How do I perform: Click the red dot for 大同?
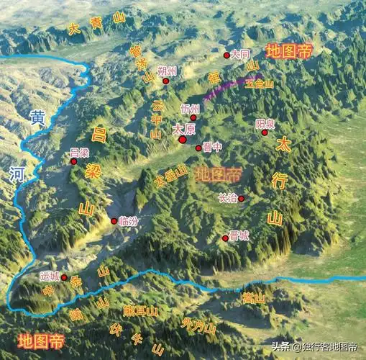pos(227,55)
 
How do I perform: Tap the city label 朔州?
pos(167,71)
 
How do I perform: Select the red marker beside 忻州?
pos(193,117)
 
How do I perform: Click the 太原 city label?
pos(184,129)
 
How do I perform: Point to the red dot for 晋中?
pos(198,148)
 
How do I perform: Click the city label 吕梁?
pos(80,152)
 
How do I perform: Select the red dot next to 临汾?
pos(113,221)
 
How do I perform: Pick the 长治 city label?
pos(227,198)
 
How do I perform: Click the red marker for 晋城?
pos(225,238)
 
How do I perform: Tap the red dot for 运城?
pos(64,277)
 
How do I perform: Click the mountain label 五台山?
pos(260,84)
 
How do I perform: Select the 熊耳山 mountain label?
pos(139,310)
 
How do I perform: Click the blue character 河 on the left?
pos(17,174)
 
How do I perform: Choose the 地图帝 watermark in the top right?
pos(289,51)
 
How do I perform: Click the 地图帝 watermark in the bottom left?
pos(41,341)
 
